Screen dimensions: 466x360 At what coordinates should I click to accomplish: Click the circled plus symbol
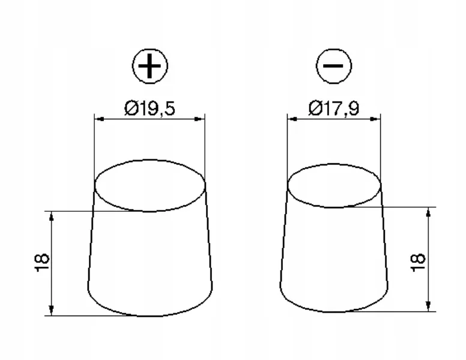tap(150, 65)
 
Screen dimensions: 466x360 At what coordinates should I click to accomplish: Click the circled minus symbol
tap(333, 65)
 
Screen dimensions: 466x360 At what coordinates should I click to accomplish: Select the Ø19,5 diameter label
tap(150, 109)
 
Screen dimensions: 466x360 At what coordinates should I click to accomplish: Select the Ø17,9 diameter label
tap(334, 109)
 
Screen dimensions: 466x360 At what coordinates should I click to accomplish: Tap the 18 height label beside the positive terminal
tap(41, 263)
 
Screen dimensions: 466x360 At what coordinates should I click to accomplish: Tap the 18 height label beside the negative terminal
tap(418, 263)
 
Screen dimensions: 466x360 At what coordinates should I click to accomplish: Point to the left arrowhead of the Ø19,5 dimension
tap(99, 119)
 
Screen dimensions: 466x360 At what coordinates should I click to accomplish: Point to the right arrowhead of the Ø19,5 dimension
tap(200, 119)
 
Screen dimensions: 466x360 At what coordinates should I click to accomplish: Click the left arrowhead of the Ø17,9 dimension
tap(292, 119)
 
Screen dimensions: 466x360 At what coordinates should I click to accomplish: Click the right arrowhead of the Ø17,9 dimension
tap(376, 119)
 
